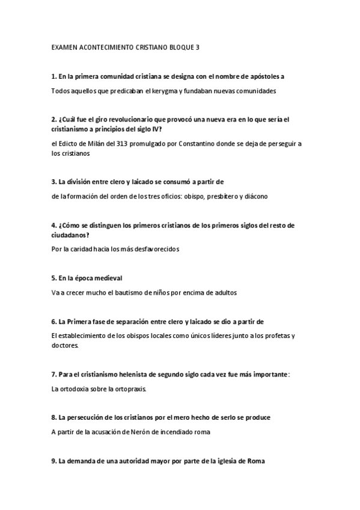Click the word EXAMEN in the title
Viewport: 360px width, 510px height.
pyautogui.click(x=64, y=46)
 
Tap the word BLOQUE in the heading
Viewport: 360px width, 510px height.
pyautogui.click(x=178, y=46)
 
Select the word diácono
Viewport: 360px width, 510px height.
pyautogui.click(x=254, y=196)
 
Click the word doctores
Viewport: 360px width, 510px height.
pyautogui.click(x=66, y=346)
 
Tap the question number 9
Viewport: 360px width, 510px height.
pyautogui.click(x=55, y=461)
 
